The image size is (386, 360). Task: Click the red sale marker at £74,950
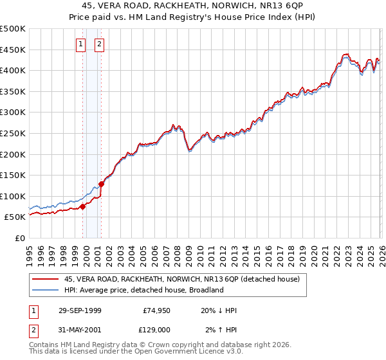pyautogui.click(x=82, y=207)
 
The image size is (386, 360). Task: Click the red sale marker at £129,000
pyautogui.click(x=102, y=184)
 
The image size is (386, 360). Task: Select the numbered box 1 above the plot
pyautogui.click(x=81, y=44)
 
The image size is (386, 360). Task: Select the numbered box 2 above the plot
pyautogui.click(x=100, y=44)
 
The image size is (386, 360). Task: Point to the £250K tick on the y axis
pyautogui.click(x=13, y=133)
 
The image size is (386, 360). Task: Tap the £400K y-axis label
pyautogui.click(x=13, y=70)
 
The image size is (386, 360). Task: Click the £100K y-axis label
pyautogui.click(x=13, y=196)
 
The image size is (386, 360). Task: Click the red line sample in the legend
pyautogui.click(x=45, y=280)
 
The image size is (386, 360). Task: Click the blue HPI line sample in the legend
pyautogui.click(x=45, y=291)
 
